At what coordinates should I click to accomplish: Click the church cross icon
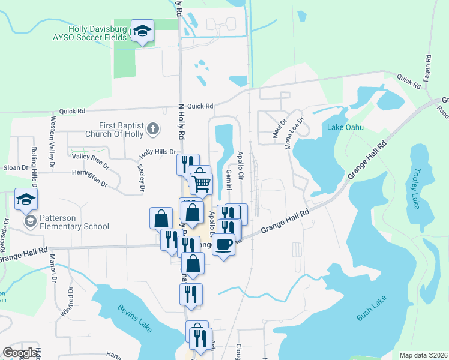point(153,128)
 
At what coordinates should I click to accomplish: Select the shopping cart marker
point(202,182)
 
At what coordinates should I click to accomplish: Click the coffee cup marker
point(223,244)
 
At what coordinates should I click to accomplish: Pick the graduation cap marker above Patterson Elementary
point(26,199)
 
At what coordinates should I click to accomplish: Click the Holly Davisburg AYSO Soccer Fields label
point(97,33)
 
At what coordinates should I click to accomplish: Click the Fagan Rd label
point(428,67)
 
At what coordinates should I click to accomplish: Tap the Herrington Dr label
point(89,178)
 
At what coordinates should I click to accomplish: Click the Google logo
point(20,352)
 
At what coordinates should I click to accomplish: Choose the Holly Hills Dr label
point(157,152)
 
